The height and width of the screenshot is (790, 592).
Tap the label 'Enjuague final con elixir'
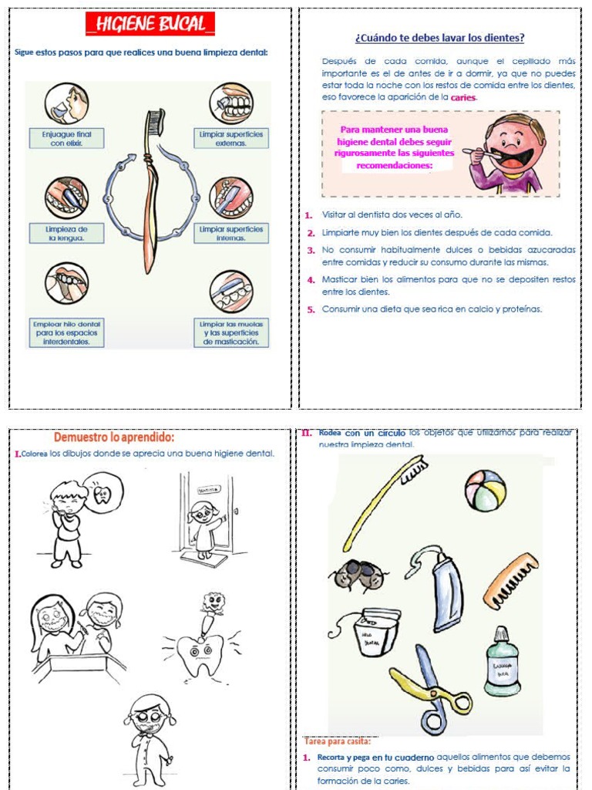click(66, 139)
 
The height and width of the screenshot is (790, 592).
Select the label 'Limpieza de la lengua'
click(66, 234)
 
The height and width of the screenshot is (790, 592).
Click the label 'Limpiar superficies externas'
click(230, 139)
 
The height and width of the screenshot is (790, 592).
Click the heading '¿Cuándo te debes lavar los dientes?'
click(439, 38)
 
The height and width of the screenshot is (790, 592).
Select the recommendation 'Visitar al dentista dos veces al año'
click(392, 214)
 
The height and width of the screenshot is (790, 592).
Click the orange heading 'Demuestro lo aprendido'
click(113, 437)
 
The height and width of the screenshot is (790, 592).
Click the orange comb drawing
click(510, 581)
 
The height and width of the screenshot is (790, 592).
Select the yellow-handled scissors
click(432, 688)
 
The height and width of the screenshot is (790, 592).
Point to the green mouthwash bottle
click(502, 662)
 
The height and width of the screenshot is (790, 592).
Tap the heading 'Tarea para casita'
click(336, 742)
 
